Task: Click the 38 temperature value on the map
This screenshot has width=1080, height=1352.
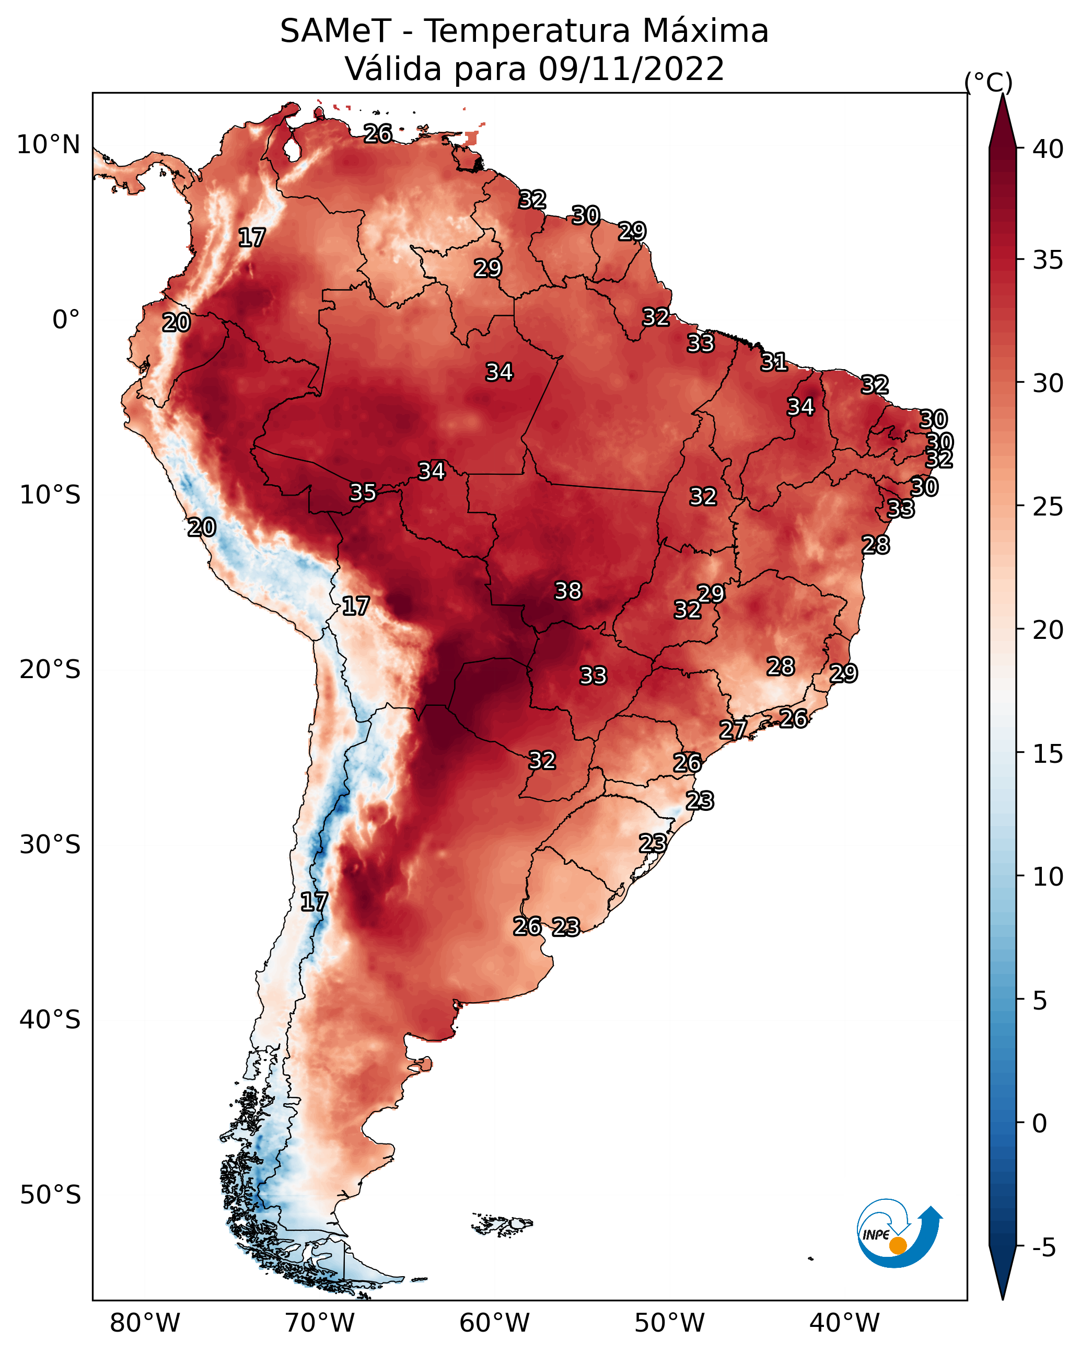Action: pos(568,591)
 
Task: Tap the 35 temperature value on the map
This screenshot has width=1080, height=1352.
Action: pos(363,492)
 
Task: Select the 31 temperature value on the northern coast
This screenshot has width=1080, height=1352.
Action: pos(774,362)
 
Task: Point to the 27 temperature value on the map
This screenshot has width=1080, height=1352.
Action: pos(733,729)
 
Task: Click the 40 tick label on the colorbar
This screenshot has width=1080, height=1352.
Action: pos(1048,149)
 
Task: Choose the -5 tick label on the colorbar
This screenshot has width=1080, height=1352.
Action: pos(1043,1247)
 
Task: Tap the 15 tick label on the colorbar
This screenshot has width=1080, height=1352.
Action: pos(1048,754)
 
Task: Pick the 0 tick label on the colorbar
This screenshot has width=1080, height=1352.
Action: pos(1040,1124)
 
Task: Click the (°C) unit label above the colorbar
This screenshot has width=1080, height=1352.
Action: pos(989,82)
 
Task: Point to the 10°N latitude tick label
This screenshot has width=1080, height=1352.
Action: pos(48,145)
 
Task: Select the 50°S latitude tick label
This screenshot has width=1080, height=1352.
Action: pos(50,1195)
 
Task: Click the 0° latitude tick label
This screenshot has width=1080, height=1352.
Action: pos(66,320)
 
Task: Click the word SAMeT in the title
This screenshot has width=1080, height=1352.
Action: pos(335,31)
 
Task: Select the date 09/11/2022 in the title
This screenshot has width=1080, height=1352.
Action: pos(631,69)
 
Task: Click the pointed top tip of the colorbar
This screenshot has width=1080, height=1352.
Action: pos(1002,94)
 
